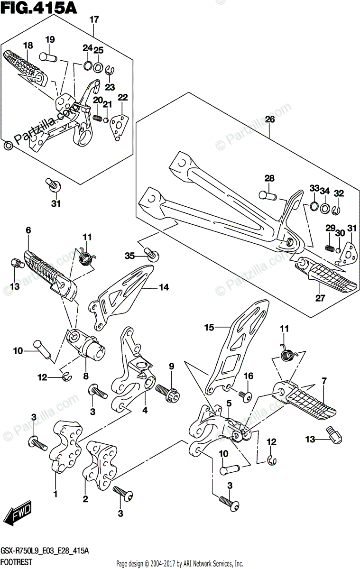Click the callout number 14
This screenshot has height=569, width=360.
164,287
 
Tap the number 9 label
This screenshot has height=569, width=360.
171,366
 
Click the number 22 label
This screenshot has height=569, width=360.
123,98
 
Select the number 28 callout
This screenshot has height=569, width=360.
269,178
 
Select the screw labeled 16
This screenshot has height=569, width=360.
245,395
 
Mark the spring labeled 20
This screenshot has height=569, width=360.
98,118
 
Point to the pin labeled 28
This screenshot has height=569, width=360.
268,194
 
